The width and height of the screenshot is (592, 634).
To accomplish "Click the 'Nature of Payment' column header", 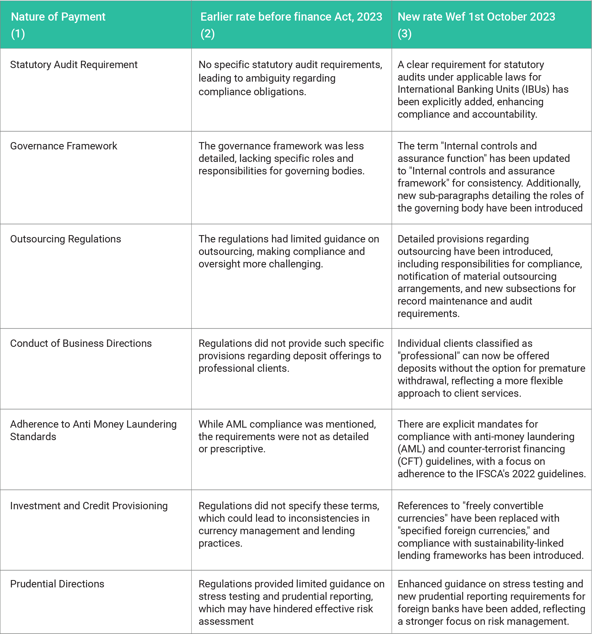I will click(58, 17).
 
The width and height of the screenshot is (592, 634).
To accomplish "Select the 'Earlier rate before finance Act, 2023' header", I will click(291, 17).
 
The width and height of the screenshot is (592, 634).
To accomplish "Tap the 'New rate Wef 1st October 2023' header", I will click(476, 17).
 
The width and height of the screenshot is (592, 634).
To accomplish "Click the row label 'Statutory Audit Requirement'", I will click(74, 65).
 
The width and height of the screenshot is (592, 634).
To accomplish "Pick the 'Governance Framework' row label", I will click(64, 146).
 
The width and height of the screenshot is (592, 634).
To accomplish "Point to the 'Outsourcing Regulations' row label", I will click(65, 239).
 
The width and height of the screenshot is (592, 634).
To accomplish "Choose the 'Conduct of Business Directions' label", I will click(81, 344).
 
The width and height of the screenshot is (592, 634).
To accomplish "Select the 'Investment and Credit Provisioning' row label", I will click(89, 506).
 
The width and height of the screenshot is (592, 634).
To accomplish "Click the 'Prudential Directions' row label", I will click(57, 584).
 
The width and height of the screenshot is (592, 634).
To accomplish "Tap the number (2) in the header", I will click(207, 33).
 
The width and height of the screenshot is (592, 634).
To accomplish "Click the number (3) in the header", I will click(405, 33).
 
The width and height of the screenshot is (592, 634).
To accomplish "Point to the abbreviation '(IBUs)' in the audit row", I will click(536, 89).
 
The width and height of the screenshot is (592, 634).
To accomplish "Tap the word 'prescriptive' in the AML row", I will click(238, 449).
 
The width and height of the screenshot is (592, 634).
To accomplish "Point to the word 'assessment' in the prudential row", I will click(226, 621).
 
